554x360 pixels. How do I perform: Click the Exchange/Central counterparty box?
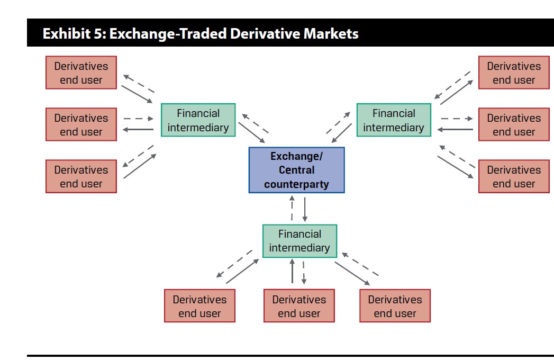[296, 170]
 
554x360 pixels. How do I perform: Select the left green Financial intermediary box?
[198, 120]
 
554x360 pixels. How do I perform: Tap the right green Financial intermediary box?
[393, 120]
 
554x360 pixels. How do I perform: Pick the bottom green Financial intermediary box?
[299, 241]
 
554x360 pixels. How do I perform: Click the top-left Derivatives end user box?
[81, 73]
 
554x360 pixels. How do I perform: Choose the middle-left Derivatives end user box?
[81, 125]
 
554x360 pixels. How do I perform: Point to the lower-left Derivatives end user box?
[81, 177]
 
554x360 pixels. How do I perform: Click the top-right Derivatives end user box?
[514, 73]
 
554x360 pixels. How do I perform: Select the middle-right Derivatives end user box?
[514, 125]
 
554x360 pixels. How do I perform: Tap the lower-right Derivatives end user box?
[514, 177]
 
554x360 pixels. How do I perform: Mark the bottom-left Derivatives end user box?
[199, 306]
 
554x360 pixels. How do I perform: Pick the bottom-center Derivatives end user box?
[299, 306]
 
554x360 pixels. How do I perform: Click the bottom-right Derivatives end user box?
[395, 306]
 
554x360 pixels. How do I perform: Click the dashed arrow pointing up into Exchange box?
[292, 209]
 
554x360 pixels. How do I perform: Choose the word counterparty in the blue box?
[296, 184]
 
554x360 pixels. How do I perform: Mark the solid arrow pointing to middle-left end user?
[138, 130]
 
